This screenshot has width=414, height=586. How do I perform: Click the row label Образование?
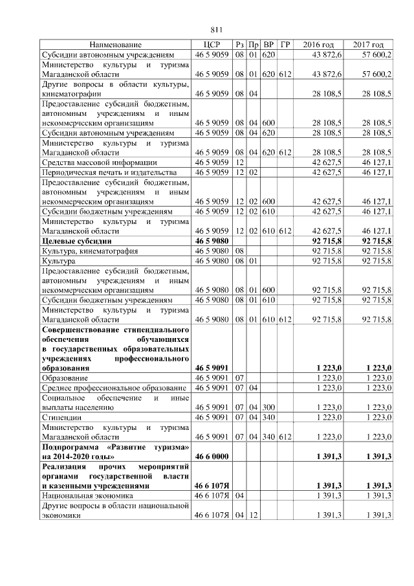coord(65,377)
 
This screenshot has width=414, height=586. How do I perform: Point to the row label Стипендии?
coord(63,418)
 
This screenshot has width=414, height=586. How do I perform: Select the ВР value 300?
coord(269,408)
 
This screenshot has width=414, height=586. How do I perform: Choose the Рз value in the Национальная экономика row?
coord(239,495)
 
